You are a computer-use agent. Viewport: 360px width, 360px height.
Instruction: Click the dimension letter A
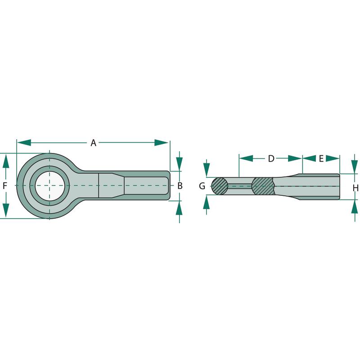click(x=93, y=143)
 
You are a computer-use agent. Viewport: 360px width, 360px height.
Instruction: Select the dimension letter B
click(x=180, y=186)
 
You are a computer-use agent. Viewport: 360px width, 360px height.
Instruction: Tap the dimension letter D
click(x=271, y=158)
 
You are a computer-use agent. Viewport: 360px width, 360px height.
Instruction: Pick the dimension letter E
click(x=321, y=158)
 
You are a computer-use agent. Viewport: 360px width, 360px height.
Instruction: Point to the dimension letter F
click(x=5, y=186)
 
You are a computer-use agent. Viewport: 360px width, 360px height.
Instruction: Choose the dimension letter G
click(x=202, y=186)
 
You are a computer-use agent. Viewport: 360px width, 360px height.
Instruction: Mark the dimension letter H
click(x=355, y=188)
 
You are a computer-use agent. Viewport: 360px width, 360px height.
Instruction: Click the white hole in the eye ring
click(x=49, y=186)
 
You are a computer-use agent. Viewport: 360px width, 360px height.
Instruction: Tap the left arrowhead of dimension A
click(x=24, y=143)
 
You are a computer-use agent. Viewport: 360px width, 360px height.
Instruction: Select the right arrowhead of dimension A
click(x=161, y=143)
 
